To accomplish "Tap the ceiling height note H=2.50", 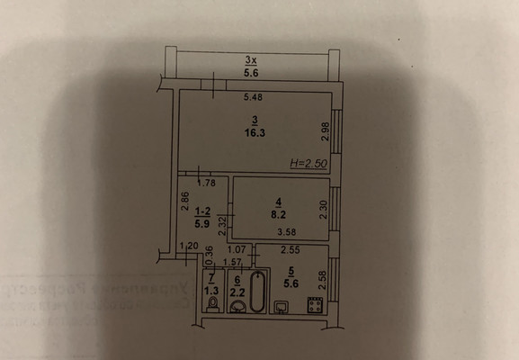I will [308, 164].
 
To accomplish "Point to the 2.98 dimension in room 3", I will [326, 131].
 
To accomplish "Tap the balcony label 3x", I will [250, 59].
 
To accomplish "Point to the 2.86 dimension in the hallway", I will [183, 202].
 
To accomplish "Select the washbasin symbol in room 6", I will [238, 309].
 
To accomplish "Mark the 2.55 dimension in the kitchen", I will [290, 249].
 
